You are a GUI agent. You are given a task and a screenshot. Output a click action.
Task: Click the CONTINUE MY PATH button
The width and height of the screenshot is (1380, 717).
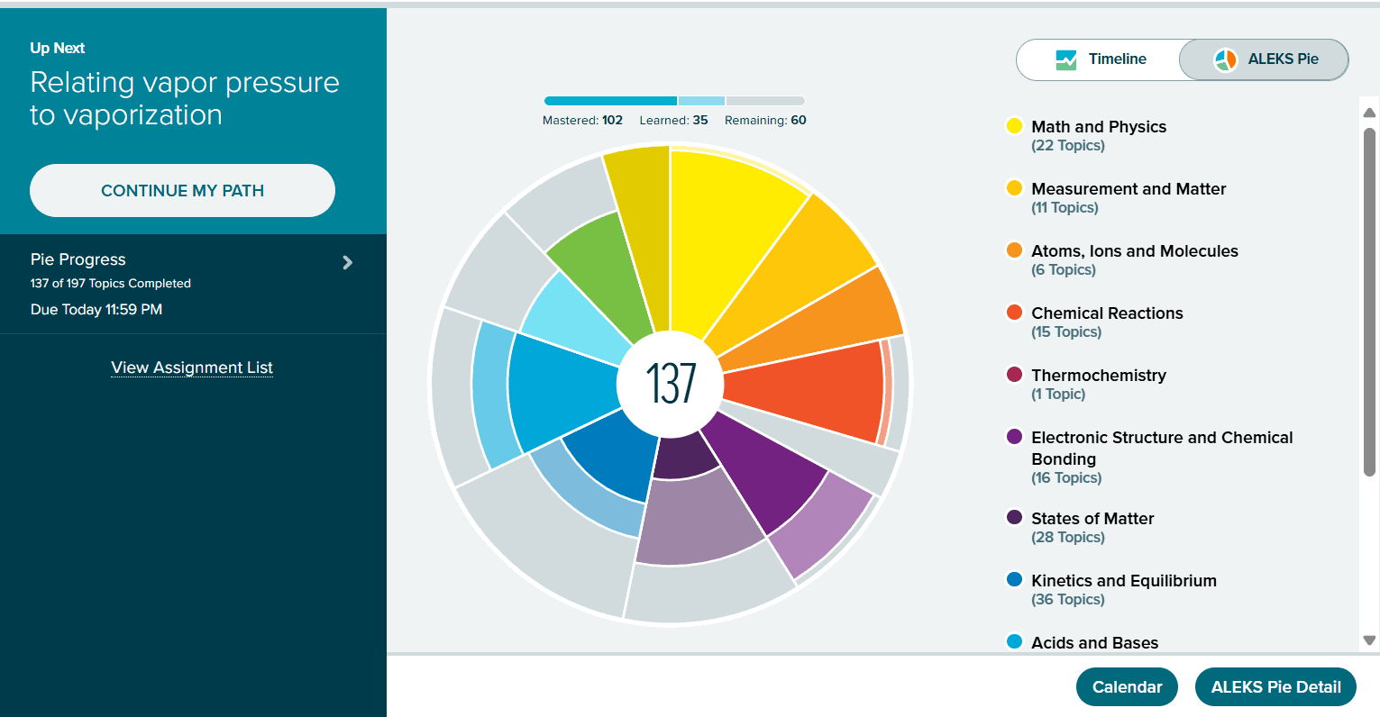[182, 190]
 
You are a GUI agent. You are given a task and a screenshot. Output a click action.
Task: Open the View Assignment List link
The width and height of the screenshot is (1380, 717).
[192, 368]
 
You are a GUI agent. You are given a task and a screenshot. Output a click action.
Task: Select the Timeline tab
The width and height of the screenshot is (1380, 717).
[1101, 59]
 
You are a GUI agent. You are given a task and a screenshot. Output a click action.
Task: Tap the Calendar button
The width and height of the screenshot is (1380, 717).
[1127, 687]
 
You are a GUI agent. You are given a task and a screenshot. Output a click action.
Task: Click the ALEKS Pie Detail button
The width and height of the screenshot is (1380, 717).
[1275, 687]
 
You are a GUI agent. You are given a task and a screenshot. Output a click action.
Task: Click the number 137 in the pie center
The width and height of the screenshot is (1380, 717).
[671, 383]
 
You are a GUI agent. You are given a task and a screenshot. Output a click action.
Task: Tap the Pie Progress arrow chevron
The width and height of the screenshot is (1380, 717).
[348, 263]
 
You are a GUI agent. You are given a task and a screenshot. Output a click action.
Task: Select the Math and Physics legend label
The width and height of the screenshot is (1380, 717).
[1098, 127]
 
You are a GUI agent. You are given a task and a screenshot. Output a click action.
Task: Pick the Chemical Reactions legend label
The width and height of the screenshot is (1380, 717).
[1107, 313]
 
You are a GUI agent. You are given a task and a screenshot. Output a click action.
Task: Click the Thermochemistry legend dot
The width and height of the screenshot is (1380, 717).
[1014, 375]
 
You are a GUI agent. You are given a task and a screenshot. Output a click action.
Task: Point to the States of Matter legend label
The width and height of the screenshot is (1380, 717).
[1092, 519]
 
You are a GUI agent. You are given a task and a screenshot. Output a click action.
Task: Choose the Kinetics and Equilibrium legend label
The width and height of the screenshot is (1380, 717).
[1123, 581]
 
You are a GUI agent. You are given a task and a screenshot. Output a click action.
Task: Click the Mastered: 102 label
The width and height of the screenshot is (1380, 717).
[582, 121]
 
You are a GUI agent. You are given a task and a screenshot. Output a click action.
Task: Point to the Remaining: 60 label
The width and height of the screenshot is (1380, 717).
[765, 121]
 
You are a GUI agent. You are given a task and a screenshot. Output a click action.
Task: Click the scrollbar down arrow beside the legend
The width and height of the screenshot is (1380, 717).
[1369, 640]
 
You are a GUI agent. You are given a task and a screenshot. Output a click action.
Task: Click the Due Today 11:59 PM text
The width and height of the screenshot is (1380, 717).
[96, 310]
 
